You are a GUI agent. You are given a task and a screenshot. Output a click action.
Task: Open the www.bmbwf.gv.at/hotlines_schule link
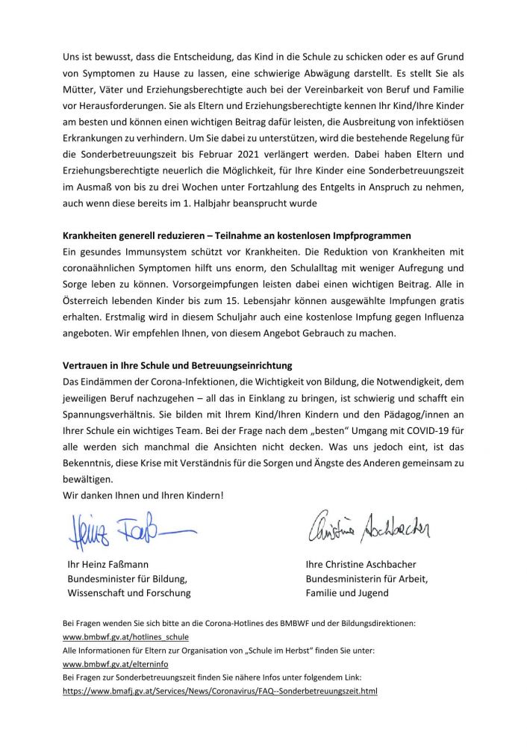125,636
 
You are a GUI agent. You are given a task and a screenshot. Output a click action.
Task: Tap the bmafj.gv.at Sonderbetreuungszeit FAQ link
220,691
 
